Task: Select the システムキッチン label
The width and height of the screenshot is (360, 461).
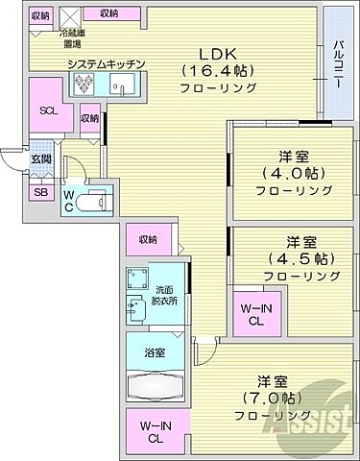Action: [x=106, y=64]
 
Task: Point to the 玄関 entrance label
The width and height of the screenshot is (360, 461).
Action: [x=40, y=158]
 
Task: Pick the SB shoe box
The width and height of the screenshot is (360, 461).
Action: [x=40, y=192]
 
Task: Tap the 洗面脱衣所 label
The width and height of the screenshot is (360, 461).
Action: [x=162, y=294]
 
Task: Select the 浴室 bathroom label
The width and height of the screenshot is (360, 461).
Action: [x=155, y=352]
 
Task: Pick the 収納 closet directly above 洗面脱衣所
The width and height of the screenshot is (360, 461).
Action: [x=147, y=240]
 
